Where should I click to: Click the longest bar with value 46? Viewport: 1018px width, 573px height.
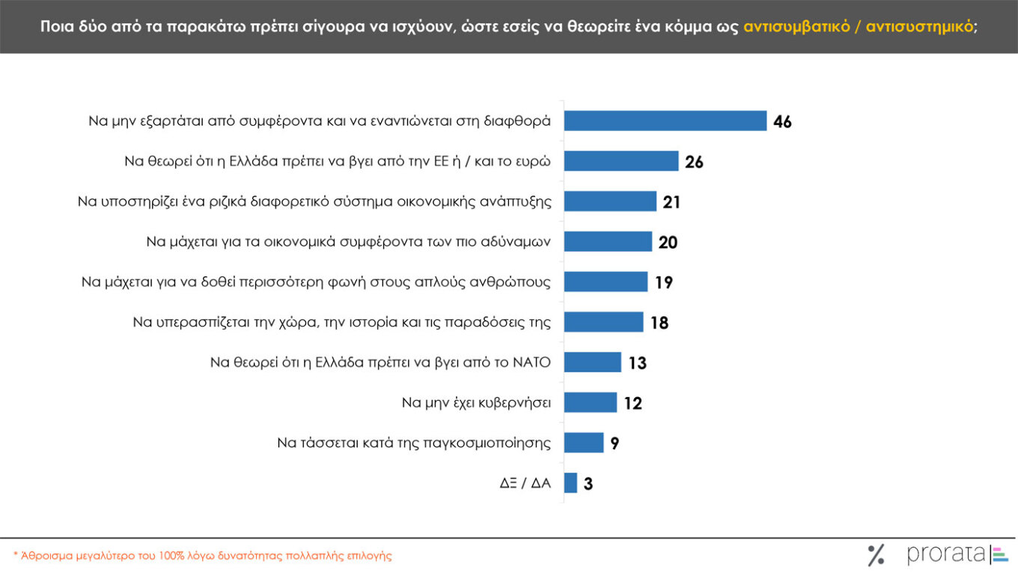click(x=665, y=121)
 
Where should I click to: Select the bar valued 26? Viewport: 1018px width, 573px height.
click(x=621, y=161)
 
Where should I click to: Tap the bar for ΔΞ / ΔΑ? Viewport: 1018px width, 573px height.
click(x=570, y=483)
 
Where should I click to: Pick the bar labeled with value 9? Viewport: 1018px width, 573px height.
click(x=583, y=443)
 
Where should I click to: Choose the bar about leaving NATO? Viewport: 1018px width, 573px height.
click(x=592, y=363)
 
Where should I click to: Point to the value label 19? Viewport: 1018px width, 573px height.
click(x=664, y=282)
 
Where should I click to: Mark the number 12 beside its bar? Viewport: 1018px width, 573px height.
click(x=633, y=404)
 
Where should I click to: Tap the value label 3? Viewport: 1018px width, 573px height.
click(x=588, y=484)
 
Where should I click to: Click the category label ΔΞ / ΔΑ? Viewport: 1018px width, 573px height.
click(x=525, y=483)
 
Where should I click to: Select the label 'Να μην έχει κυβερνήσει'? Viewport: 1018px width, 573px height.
click(x=476, y=403)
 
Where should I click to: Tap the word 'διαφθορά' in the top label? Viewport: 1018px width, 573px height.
click(x=523, y=121)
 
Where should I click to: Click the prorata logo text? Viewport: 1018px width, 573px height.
click(x=946, y=554)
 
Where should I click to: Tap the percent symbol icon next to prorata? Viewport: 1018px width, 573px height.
click(x=876, y=555)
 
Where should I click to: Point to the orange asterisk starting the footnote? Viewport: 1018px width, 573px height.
click(x=16, y=555)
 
